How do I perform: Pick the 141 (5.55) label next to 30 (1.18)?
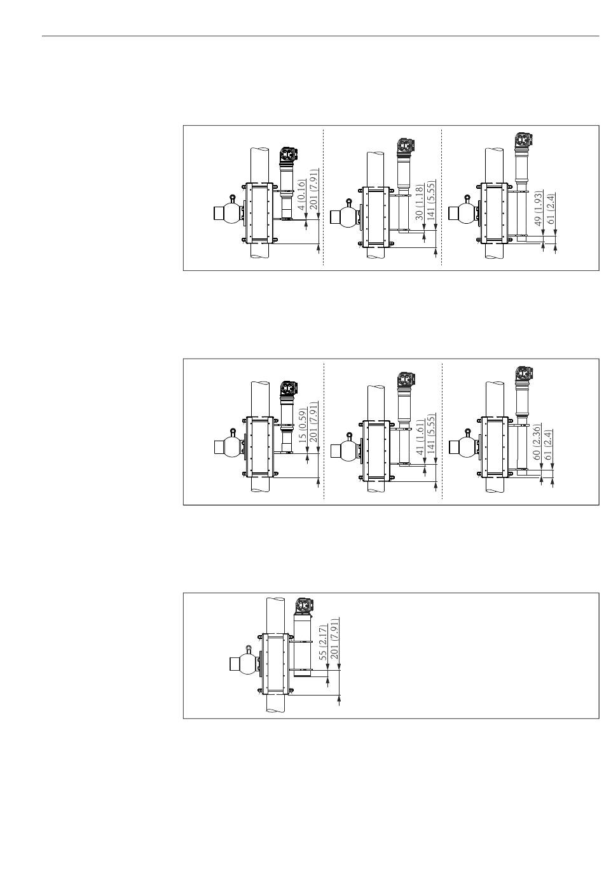(x=430, y=199)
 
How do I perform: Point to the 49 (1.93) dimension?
(x=538, y=208)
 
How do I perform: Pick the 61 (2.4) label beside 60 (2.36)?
(x=549, y=448)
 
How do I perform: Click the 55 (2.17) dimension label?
(x=322, y=646)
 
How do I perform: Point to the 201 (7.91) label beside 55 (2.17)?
(x=334, y=639)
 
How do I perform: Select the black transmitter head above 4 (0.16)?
(x=288, y=155)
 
